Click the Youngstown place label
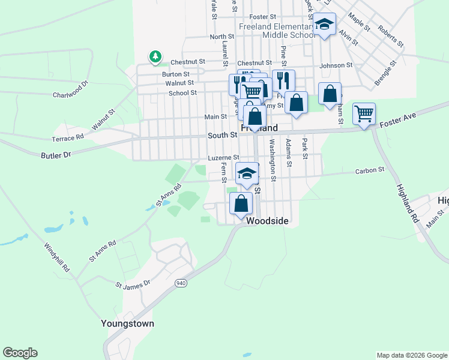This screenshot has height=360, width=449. point(127,323)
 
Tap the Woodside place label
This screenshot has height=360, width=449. point(268,221)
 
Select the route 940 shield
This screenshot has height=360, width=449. point(180,283)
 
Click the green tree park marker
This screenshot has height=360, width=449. point(155,56)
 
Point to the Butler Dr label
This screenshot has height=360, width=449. point(56,154)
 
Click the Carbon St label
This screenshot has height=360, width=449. point(369,170)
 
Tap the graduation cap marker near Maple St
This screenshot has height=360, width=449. point(324,25)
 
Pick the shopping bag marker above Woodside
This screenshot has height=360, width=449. point(241,203)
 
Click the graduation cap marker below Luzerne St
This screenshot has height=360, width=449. point(246,173)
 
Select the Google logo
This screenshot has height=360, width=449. point(20,353)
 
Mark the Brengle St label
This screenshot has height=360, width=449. point(386,71)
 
